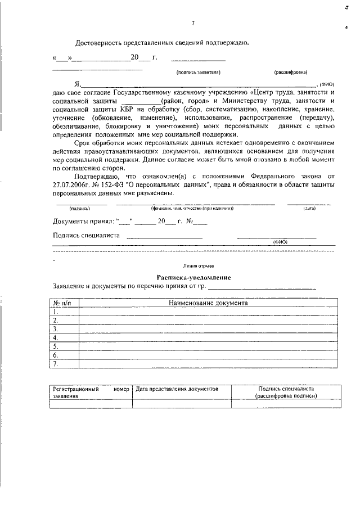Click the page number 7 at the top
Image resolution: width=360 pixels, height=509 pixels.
click(x=192, y=23)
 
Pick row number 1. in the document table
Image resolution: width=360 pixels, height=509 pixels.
click(x=56, y=312)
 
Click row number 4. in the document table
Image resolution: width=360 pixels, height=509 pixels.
click(x=56, y=337)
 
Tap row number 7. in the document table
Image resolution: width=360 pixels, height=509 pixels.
click(x=56, y=364)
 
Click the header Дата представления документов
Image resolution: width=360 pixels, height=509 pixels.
click(x=177, y=389)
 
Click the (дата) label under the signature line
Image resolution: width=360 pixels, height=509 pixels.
click(x=309, y=209)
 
